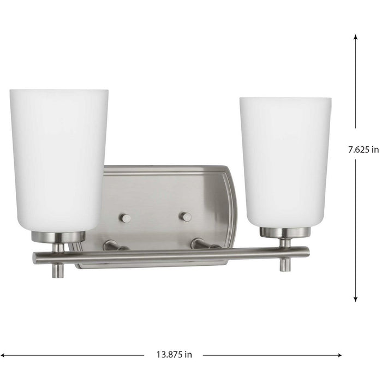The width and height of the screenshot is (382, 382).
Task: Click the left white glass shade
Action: pos(59,158)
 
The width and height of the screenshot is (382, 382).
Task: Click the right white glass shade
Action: pos(285,161)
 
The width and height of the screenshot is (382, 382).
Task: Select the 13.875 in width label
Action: pos(172,354)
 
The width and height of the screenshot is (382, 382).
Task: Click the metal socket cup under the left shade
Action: pos(58,236)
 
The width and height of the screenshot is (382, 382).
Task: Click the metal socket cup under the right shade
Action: pos(285,232)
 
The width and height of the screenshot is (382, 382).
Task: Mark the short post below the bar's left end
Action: pos(57,270)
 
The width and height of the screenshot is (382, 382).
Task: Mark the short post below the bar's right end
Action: pos(284,265)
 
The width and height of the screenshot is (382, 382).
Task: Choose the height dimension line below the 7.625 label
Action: pos(356,229)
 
